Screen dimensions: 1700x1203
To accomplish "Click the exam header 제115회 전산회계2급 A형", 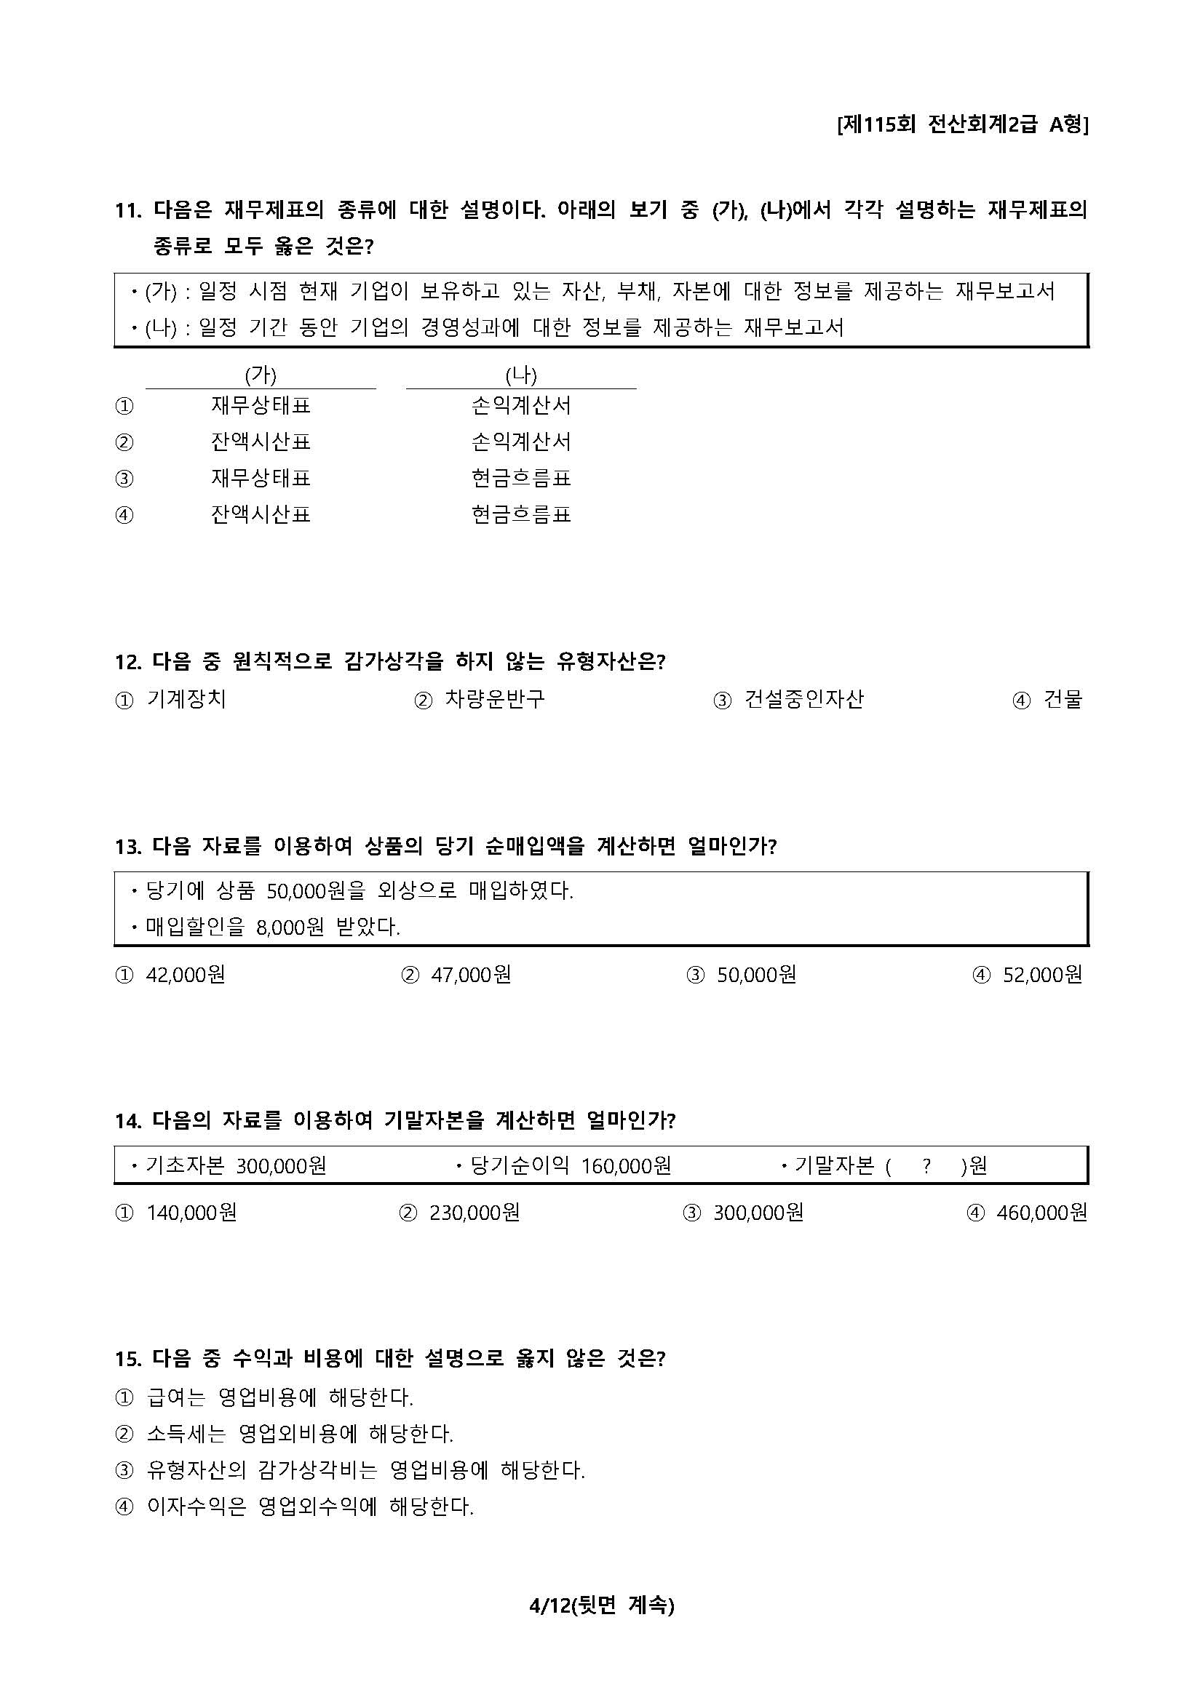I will click(961, 124).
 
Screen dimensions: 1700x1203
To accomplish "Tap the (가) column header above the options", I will click(260, 375).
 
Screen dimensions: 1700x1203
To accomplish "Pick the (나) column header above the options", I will click(521, 375).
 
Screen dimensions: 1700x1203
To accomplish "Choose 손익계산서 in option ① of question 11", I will click(521, 405).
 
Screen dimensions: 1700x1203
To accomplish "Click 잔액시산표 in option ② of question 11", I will click(260, 442).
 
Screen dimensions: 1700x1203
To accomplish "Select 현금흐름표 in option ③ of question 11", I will click(521, 478).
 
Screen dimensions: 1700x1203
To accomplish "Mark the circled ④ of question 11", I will click(124, 514).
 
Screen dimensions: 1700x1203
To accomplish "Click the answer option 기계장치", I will click(186, 699).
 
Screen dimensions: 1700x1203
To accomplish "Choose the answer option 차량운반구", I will click(494, 699).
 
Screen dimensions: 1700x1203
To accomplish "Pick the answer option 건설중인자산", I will click(803, 699).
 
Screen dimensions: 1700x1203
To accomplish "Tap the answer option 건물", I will click(1063, 699).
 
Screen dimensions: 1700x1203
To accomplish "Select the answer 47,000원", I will click(470, 975).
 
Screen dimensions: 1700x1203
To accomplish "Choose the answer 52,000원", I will click(1041, 975).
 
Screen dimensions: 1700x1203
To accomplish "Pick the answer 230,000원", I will click(474, 1213).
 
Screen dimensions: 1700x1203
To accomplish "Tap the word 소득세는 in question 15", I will click(186, 1434).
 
